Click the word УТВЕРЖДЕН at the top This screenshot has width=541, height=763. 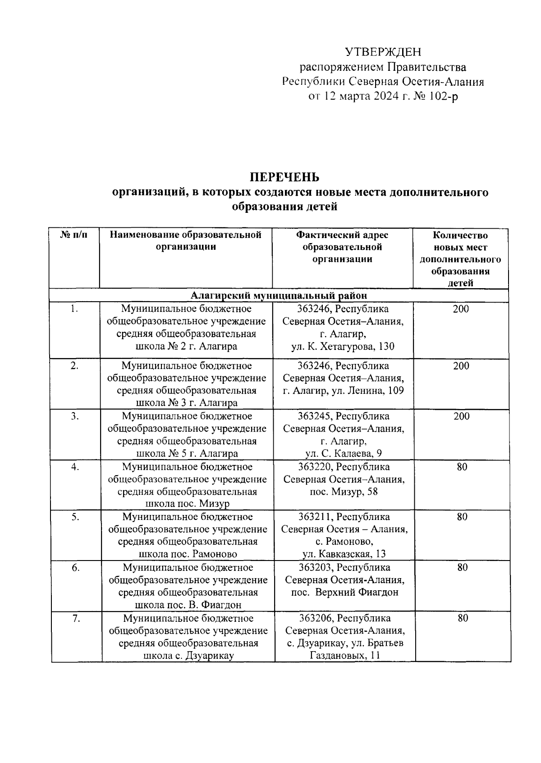click(x=383, y=52)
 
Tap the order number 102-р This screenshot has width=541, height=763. click(x=442, y=96)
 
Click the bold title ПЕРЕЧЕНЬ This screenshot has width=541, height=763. click(x=284, y=177)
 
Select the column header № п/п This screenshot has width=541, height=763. click(x=74, y=235)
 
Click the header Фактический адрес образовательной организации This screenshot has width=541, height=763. click(x=342, y=247)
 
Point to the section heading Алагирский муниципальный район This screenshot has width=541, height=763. click(x=279, y=296)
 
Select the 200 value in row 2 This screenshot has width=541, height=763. click(x=461, y=366)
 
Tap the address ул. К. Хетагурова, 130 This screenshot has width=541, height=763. click(x=343, y=346)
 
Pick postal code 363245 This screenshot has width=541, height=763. click(x=315, y=416)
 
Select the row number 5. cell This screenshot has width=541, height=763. click(x=75, y=517)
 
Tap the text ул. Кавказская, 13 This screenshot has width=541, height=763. click(x=344, y=554)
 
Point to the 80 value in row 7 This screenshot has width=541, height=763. click(x=463, y=618)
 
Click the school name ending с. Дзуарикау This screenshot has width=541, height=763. click(x=188, y=656)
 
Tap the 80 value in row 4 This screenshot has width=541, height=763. click(x=462, y=467)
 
